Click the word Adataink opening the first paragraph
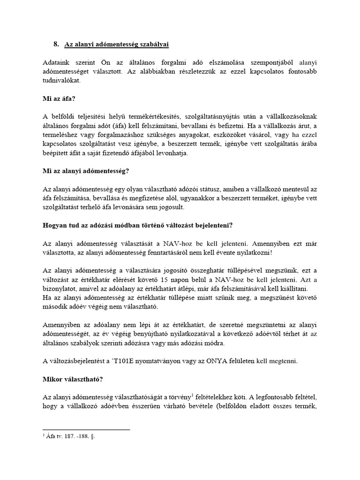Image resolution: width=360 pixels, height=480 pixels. tap(56, 62)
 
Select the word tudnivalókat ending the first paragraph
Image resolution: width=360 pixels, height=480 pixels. tap(62, 81)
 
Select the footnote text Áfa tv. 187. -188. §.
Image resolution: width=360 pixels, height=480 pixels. tap(71, 435)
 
